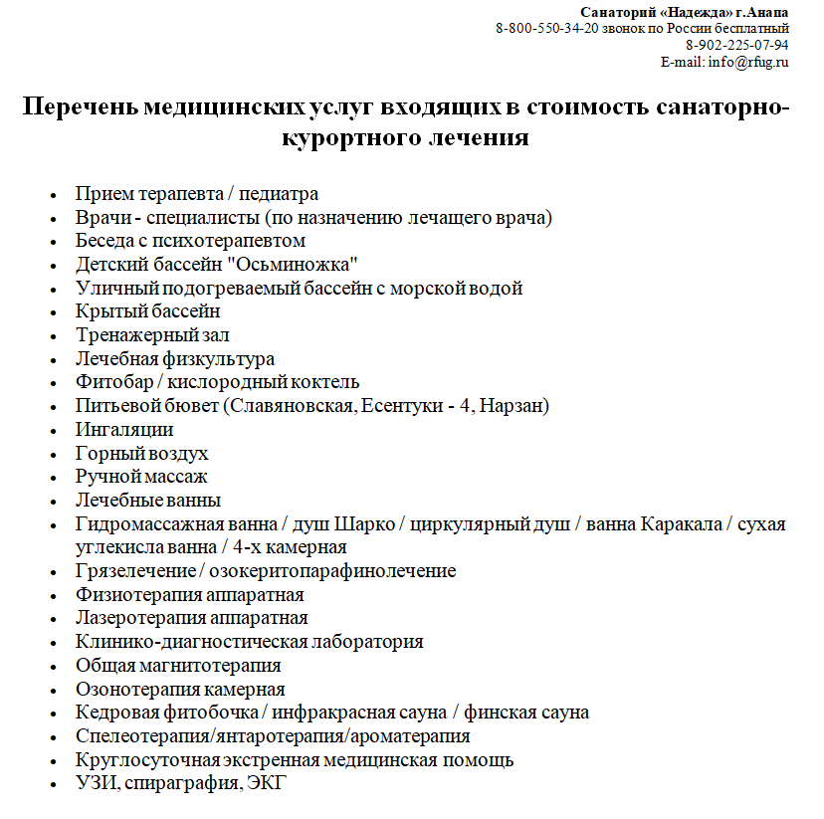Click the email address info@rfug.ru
[x=747, y=62]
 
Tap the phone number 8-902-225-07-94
[x=737, y=45]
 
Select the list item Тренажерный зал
[x=152, y=335]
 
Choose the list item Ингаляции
[x=124, y=430]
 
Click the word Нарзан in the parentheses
[x=512, y=406]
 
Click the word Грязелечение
[x=135, y=571]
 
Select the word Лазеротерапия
[x=138, y=618]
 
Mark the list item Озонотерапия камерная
[x=180, y=690]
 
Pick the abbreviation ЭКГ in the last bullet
[x=266, y=784]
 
